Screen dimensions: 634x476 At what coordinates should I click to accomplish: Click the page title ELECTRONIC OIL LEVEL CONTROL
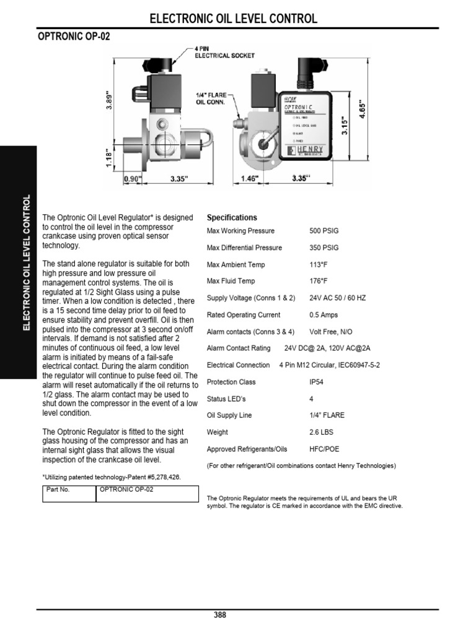pos(234,19)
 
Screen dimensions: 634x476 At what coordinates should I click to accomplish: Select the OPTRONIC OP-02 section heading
pos(75,38)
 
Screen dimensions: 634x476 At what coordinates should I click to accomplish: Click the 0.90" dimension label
pos(133,180)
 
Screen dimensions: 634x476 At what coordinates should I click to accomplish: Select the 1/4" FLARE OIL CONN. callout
pos(212,99)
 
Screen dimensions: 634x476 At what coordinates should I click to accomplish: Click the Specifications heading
pos(232,218)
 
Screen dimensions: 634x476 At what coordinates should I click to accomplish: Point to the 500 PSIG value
pos(324,231)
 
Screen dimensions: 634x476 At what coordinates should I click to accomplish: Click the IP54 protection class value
pos(317,382)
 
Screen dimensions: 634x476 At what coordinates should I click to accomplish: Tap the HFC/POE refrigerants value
pos(324,449)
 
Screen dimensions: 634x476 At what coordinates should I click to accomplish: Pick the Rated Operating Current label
pos(243,315)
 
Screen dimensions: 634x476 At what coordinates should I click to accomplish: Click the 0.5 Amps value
pos(324,315)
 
